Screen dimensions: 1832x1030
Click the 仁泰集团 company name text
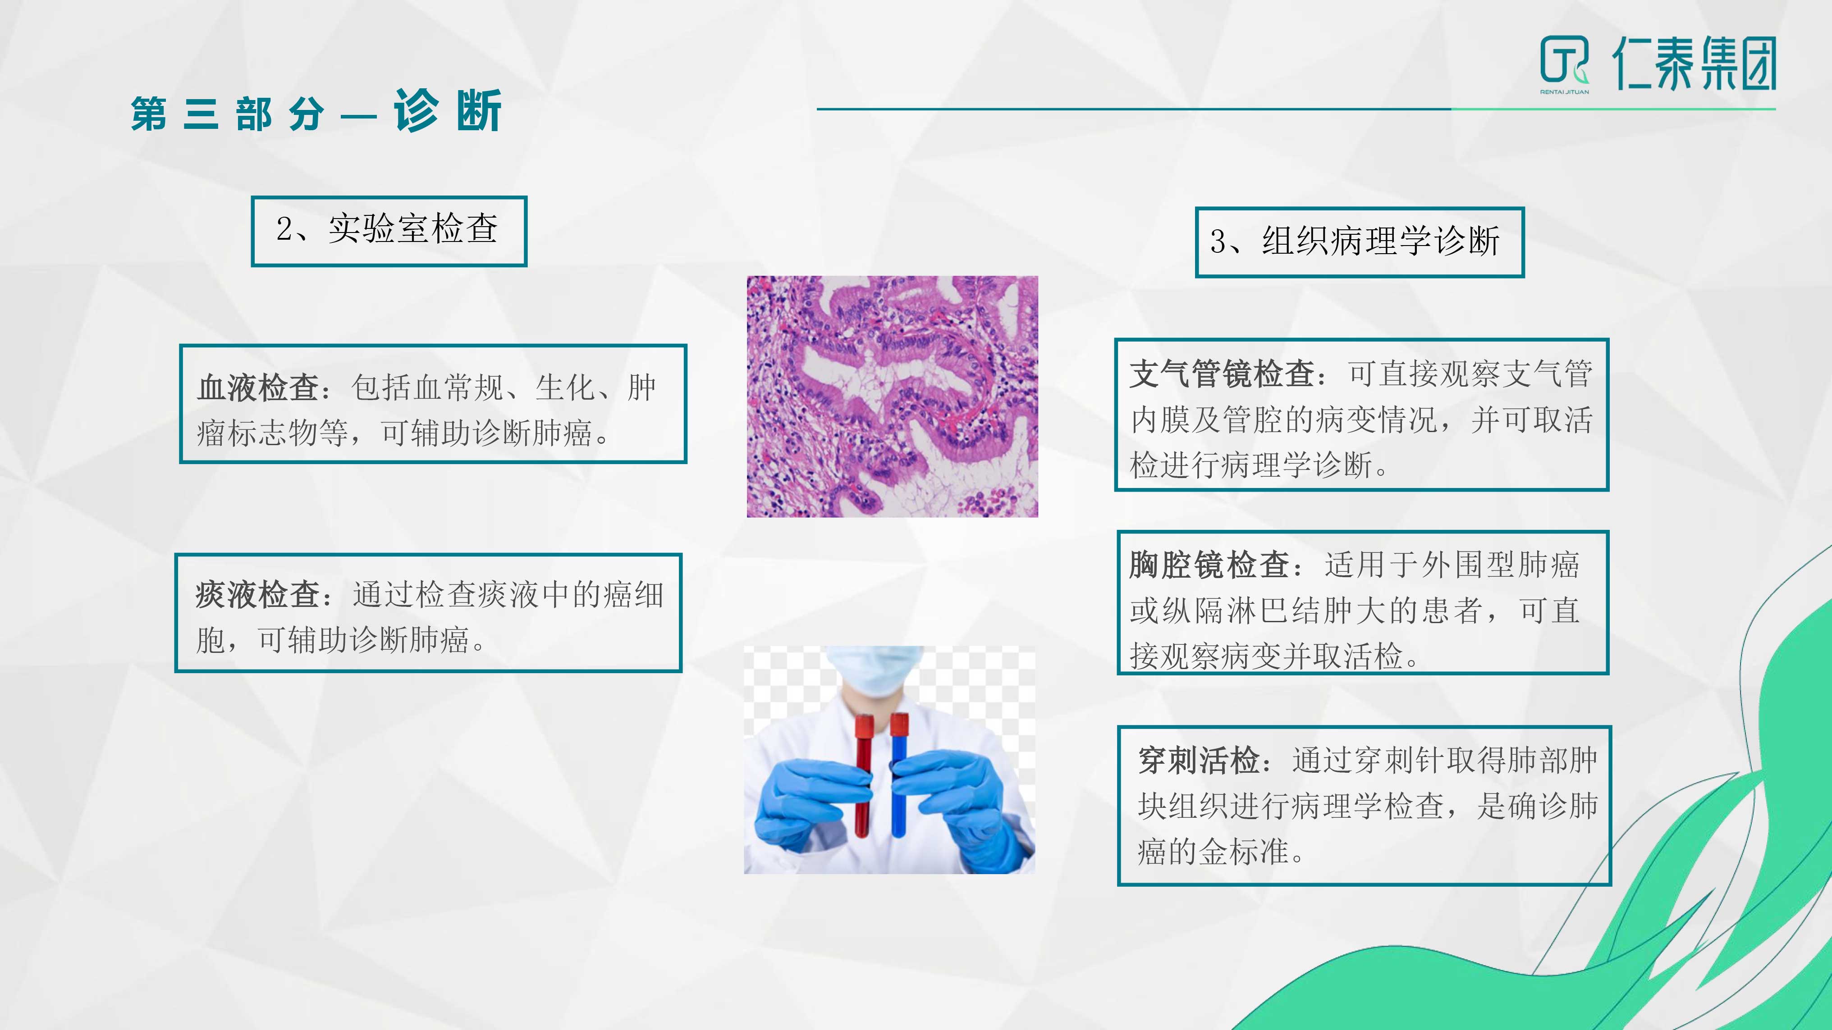[x=1694, y=64]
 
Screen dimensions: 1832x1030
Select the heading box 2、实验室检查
[x=389, y=231]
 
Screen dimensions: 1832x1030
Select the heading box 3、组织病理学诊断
[x=1360, y=242]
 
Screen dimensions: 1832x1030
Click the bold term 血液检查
[x=257, y=388]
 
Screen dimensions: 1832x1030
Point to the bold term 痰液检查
[x=257, y=595]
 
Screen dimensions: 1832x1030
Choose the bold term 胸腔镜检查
[x=1209, y=565]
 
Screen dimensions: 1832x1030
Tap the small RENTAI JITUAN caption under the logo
[x=1565, y=92]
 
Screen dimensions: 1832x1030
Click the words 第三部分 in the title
[x=228, y=114]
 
